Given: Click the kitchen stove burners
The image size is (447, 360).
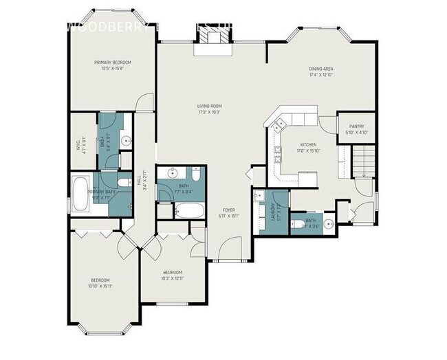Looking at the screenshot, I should click(278, 156).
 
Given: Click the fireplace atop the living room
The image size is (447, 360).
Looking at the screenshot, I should click(210, 45).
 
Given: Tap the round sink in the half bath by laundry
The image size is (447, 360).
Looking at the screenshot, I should click(328, 223).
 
